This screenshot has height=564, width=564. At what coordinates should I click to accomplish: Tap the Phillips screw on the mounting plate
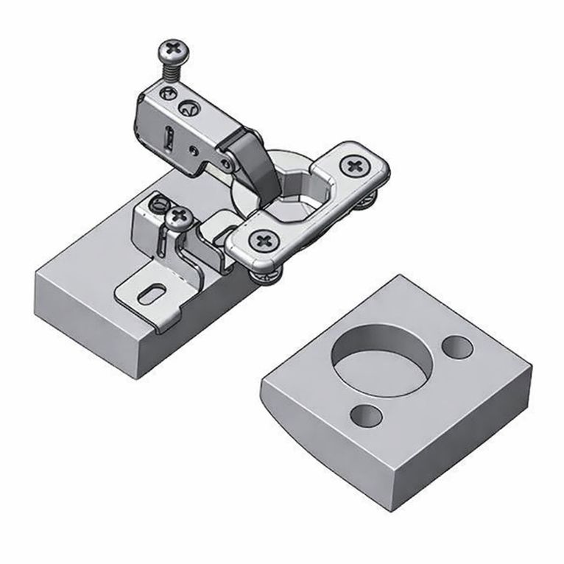pyautogui.click(x=178, y=217)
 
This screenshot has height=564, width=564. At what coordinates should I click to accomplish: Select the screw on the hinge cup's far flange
pyautogui.click(x=357, y=166)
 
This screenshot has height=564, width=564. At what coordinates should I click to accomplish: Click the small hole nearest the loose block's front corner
pyautogui.click(x=367, y=416)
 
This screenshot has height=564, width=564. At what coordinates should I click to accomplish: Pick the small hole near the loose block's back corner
pyautogui.click(x=459, y=346)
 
